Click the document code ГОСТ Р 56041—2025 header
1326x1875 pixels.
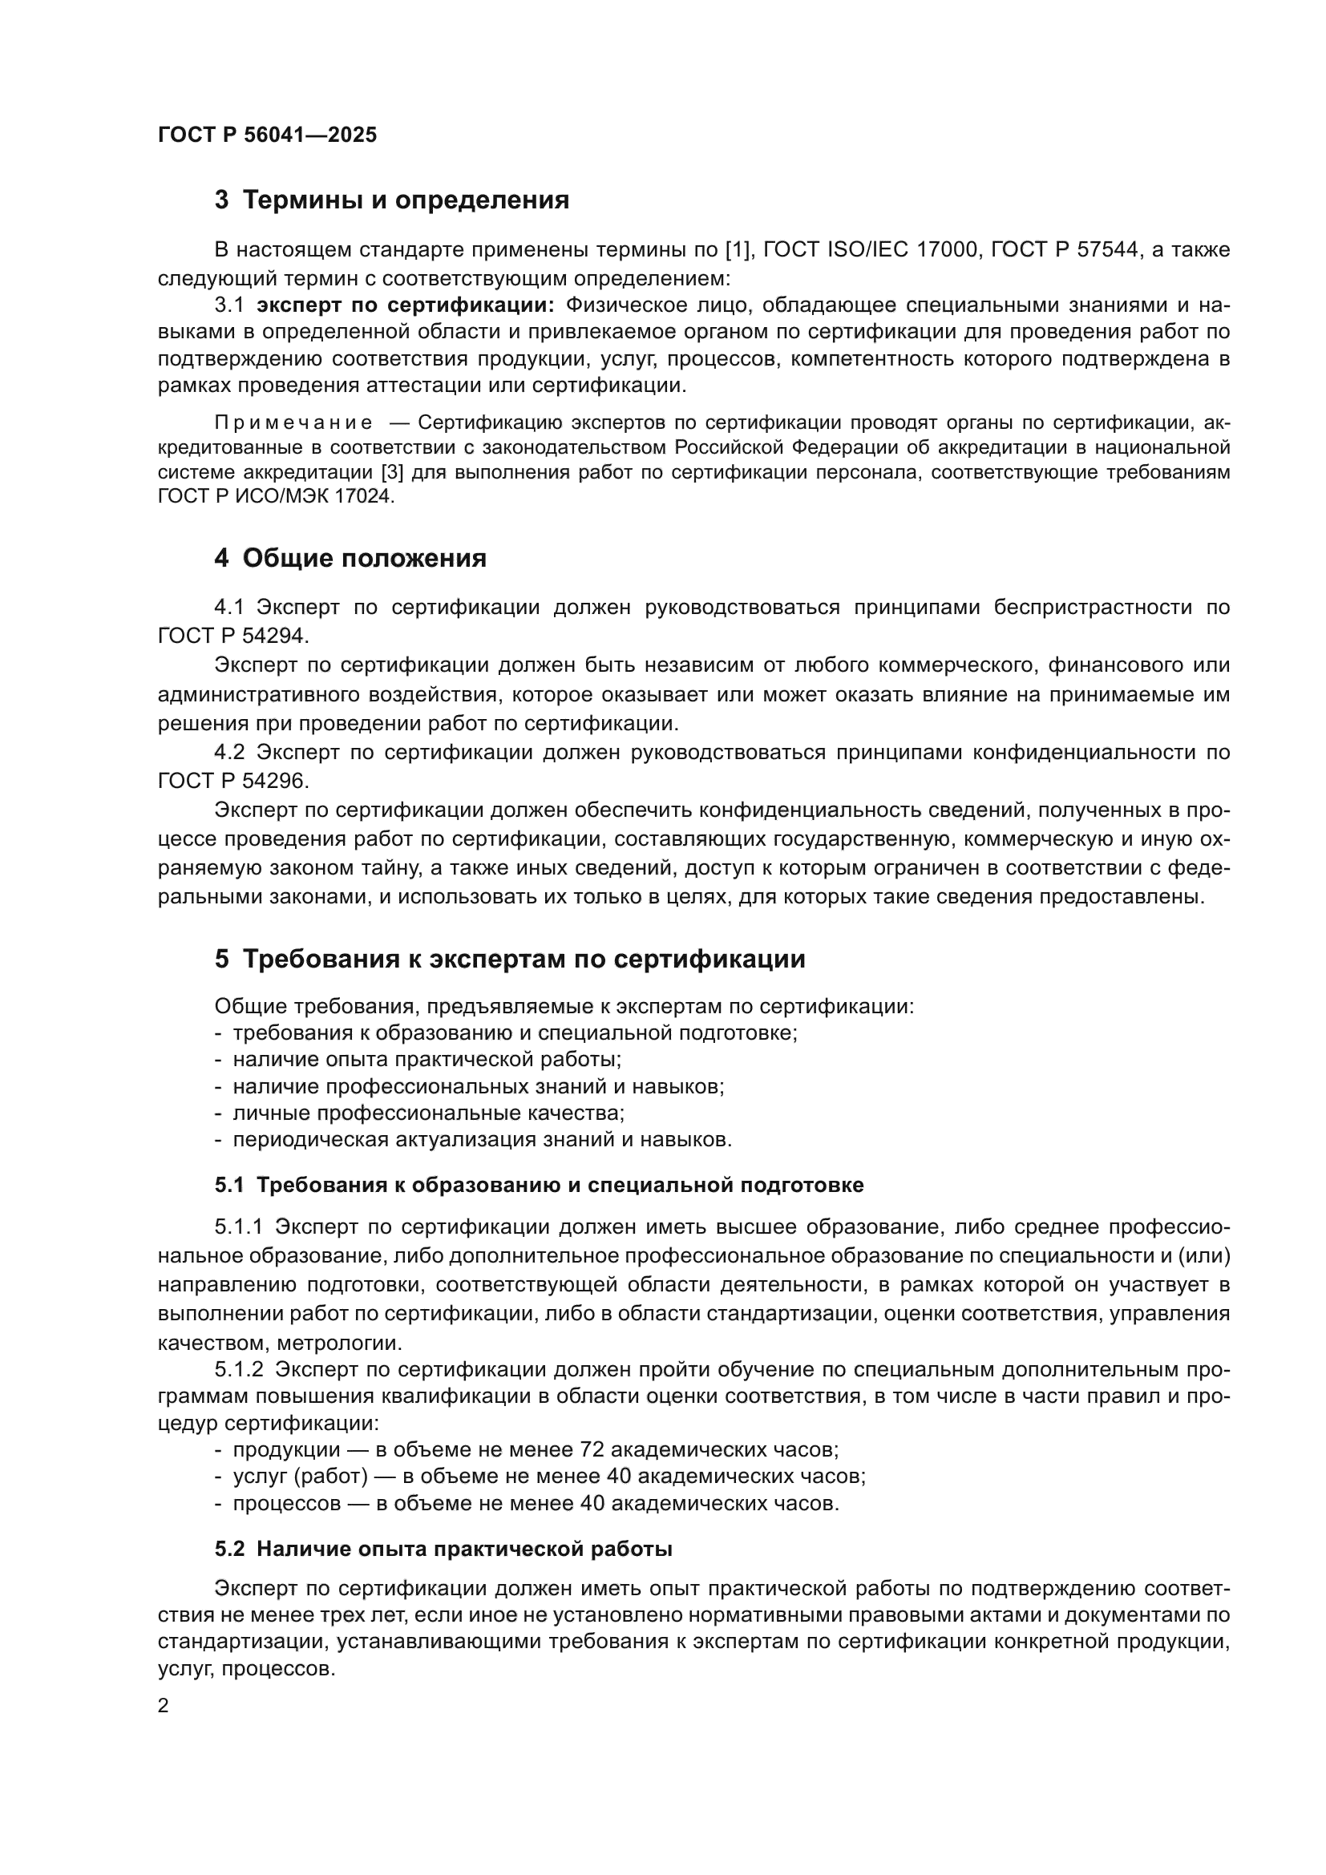click(x=267, y=135)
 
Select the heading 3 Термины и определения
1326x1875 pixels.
click(x=392, y=200)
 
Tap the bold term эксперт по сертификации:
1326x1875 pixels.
click(x=405, y=305)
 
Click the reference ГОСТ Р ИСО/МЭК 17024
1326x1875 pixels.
click(x=276, y=496)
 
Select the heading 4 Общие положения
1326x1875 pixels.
click(x=350, y=559)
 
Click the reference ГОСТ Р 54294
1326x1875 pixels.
click(x=232, y=636)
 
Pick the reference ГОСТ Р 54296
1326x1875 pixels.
click(x=232, y=781)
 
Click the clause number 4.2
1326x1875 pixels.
click(x=229, y=752)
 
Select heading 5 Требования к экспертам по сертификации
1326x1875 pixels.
click(x=510, y=959)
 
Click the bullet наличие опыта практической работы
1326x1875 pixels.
click(x=427, y=1060)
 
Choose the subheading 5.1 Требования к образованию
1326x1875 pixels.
click(x=539, y=1185)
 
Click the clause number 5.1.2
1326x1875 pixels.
click(x=238, y=1369)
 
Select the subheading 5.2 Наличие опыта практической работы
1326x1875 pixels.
click(x=443, y=1550)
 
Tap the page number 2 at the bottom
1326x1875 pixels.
click(x=164, y=1707)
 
